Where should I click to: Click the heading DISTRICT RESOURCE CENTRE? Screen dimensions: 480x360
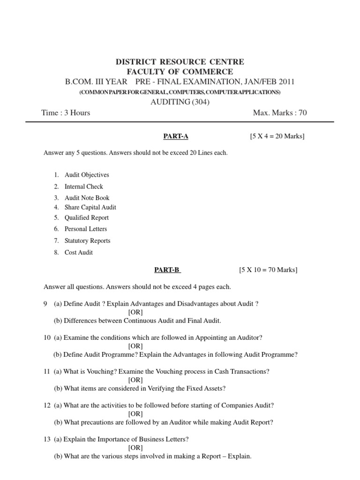pyautogui.click(x=180, y=62)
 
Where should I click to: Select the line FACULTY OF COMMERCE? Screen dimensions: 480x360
pyautogui.click(x=180, y=72)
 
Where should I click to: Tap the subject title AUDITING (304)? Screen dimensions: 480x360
pyautogui.click(x=180, y=102)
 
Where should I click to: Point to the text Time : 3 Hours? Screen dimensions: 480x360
pyautogui.click(x=67, y=112)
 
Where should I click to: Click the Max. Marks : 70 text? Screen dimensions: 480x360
pyautogui.click(x=280, y=112)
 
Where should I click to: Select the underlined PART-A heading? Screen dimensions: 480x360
pyautogui.click(x=175, y=136)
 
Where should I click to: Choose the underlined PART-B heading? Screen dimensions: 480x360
pyautogui.click(x=167, y=270)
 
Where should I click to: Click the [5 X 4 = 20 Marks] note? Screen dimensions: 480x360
pyautogui.click(x=277, y=136)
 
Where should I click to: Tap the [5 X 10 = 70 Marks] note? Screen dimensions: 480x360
pyautogui.click(x=268, y=270)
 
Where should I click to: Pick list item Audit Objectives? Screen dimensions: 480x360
pyautogui.click(x=87, y=175)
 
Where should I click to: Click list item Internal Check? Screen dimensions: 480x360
pyautogui.click(x=83, y=187)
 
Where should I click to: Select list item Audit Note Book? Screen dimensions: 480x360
pyautogui.click(x=87, y=198)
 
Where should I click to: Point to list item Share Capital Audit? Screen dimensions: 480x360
pyautogui.click(x=90, y=207)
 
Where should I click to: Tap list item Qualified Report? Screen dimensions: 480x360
pyautogui.click(x=86, y=217)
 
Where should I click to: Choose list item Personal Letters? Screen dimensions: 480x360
pyautogui.click(x=86, y=229)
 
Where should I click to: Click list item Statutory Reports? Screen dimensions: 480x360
pyautogui.click(x=87, y=240)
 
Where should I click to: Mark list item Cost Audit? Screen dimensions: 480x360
pyautogui.click(x=79, y=252)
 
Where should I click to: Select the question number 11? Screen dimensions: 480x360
pyautogui.click(x=46, y=372)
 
